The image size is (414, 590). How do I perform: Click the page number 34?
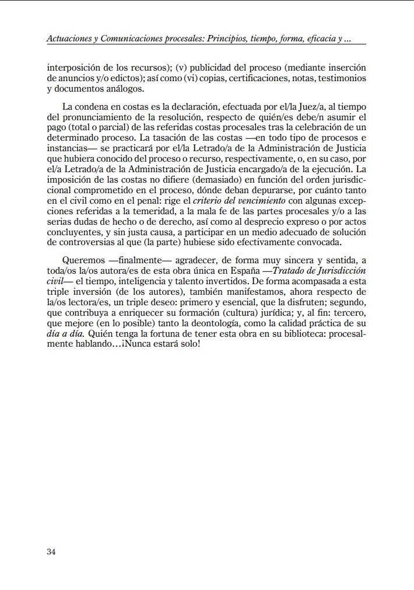pyautogui.click(x=51, y=552)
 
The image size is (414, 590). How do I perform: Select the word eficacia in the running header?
pyautogui.click(x=315, y=39)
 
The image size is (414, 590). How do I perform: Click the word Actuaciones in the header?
pyautogui.click(x=69, y=39)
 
